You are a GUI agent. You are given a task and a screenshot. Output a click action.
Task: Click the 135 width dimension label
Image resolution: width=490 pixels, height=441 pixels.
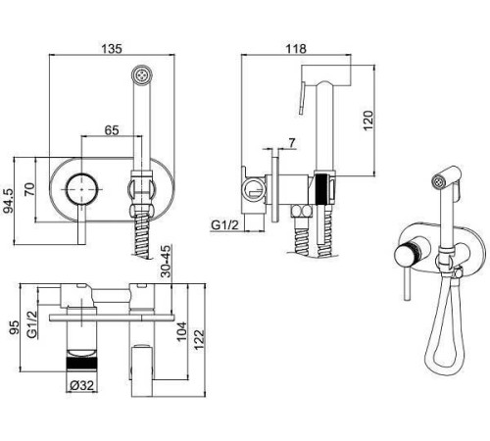click(112, 49)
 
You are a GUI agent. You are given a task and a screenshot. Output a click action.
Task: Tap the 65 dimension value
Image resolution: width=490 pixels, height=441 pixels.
click(112, 130)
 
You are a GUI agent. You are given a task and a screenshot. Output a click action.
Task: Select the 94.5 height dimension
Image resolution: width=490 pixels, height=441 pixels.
click(9, 201)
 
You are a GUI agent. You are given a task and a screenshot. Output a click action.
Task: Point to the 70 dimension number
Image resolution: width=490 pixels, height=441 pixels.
click(29, 189)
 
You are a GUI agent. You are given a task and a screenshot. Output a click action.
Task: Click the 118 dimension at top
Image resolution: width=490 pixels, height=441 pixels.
click(296, 49)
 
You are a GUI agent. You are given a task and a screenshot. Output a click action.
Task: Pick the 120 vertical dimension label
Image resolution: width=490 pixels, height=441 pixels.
click(367, 121)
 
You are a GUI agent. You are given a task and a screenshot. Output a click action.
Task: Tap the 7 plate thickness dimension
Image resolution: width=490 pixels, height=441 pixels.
click(292, 143)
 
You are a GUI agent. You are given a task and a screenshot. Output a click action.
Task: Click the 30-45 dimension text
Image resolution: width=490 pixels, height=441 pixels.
click(167, 262)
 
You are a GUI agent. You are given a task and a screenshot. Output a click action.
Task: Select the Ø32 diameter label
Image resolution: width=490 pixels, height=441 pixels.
click(81, 386)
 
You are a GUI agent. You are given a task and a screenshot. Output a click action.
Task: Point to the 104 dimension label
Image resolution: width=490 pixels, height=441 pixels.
click(181, 331)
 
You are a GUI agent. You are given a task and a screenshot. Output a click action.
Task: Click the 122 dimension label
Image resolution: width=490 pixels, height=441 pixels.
click(199, 340)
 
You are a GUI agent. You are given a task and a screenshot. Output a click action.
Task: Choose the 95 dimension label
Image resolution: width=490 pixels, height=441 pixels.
click(15, 327)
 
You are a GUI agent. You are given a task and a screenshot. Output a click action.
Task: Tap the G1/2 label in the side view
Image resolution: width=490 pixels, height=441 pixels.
click(225, 225)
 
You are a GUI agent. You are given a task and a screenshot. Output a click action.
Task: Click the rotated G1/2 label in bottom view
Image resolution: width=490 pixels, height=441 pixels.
click(32, 324)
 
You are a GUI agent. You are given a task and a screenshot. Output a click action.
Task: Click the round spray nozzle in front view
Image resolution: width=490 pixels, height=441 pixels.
click(141, 75)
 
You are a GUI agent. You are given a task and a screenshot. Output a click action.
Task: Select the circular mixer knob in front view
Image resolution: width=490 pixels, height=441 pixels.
click(81, 189)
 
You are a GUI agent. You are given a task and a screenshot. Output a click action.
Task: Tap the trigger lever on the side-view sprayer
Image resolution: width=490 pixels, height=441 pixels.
click(302, 98)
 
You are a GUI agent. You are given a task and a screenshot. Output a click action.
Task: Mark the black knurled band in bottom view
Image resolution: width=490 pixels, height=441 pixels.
click(81, 364)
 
